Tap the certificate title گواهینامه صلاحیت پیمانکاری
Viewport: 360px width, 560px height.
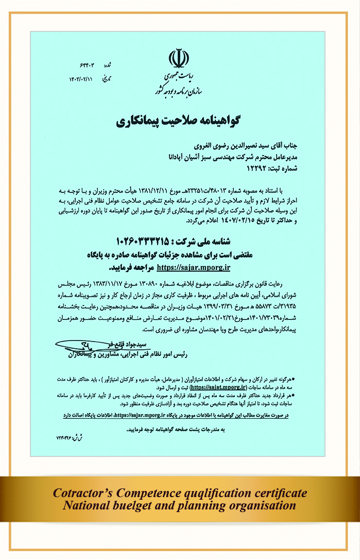point(180,122)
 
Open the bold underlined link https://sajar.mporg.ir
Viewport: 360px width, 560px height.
point(193,267)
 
